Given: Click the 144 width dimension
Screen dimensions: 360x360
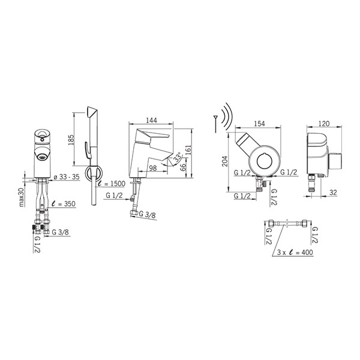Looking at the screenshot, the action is [x=152, y=121].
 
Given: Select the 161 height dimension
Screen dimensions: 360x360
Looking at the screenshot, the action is [x=188, y=150].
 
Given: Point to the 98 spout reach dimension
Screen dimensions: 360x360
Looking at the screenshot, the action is [x=153, y=168].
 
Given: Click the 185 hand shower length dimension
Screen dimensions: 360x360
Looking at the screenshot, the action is [x=71, y=140].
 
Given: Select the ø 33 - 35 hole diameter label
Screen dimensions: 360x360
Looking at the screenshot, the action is [x=67, y=177].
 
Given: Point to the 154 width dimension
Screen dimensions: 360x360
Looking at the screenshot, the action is [x=259, y=124].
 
